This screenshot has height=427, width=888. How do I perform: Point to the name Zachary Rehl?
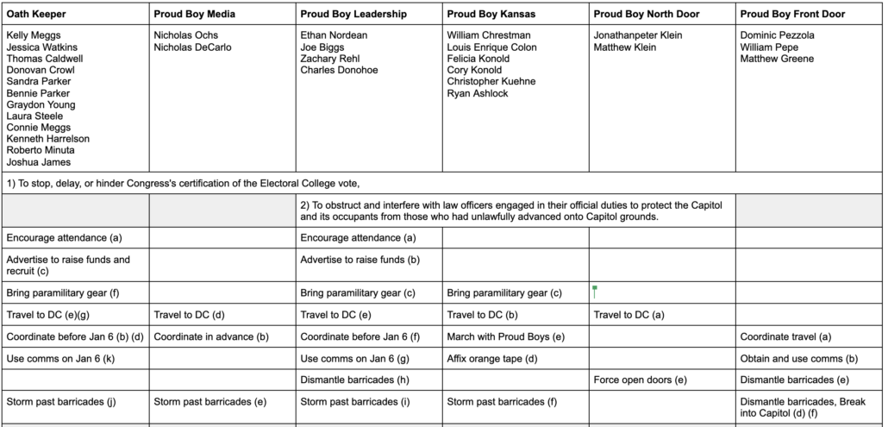pyautogui.click(x=329, y=59)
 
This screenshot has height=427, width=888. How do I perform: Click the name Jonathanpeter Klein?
pyautogui.click(x=638, y=35)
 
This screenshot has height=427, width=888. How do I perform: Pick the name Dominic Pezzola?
pyautogui.click(x=777, y=35)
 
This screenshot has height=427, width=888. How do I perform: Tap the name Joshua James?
pyautogui.click(x=38, y=162)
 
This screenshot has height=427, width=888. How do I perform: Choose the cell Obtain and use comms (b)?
pyautogui.click(x=797, y=357)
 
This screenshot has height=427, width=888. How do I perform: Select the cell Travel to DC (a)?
pyautogui.click(x=628, y=315)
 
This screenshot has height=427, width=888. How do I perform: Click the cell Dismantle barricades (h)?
pyautogui.click(x=354, y=379)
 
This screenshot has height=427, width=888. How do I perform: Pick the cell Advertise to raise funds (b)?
pyautogui.click(x=360, y=259)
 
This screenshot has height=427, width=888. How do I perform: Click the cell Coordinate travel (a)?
pyautogui.click(x=785, y=336)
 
